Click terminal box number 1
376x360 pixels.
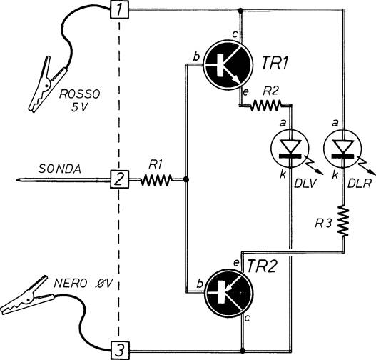(x=119, y=10)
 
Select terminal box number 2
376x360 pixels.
(x=119, y=179)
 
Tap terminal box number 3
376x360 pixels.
(x=119, y=351)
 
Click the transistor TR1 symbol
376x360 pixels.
(x=228, y=65)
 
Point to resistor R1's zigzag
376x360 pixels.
(x=157, y=179)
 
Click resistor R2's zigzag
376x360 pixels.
(x=265, y=105)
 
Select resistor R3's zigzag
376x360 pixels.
(x=343, y=221)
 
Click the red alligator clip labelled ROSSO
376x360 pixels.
(x=47, y=84)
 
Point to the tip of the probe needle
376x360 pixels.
(x=17, y=179)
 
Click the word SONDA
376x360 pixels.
(x=60, y=169)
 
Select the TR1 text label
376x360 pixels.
(x=275, y=63)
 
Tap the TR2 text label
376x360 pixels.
(x=263, y=266)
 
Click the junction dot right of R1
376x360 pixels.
(x=186, y=179)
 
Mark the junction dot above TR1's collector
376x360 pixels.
(x=240, y=10)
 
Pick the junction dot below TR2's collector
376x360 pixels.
(x=243, y=351)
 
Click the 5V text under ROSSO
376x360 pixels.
(x=78, y=108)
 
